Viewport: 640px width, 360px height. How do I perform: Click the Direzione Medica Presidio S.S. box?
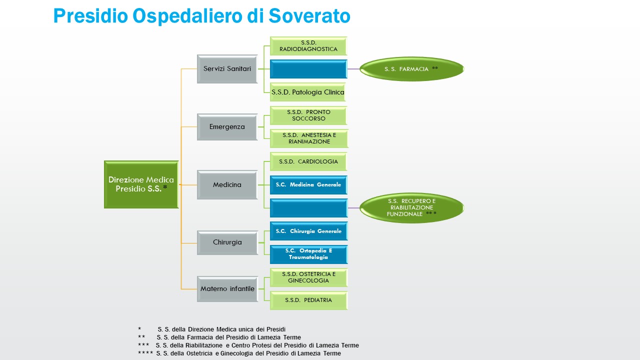tap(141, 184)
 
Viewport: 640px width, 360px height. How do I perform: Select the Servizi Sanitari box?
tap(227, 68)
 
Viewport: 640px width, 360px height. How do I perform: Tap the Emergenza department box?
tap(227, 127)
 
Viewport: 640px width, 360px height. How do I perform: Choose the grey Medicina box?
tap(227, 184)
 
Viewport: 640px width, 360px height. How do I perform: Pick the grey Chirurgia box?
tap(227, 242)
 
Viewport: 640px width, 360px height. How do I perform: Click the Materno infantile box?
tap(227, 288)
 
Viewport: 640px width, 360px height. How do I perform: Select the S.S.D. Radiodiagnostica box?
tap(308, 46)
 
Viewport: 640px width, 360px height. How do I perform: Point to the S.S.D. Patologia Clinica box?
tap(308, 92)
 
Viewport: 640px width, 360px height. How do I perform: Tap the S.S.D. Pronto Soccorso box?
tap(308, 115)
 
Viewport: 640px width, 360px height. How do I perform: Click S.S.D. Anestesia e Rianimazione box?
tap(308, 138)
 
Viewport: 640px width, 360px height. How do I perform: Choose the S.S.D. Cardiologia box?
tap(308, 161)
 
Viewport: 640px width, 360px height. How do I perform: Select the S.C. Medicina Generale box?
tap(308, 184)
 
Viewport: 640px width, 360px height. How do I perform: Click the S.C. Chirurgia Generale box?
tap(308, 231)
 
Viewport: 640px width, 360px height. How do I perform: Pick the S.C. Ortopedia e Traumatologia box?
tap(308, 254)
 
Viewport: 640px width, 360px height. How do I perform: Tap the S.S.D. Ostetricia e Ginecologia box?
tap(308, 277)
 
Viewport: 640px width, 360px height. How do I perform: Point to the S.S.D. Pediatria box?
tap(308, 300)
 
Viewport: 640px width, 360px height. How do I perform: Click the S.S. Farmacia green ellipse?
tap(411, 69)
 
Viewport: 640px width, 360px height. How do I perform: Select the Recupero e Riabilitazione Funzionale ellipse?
tap(411, 207)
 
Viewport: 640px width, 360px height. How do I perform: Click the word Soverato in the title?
tap(309, 16)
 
